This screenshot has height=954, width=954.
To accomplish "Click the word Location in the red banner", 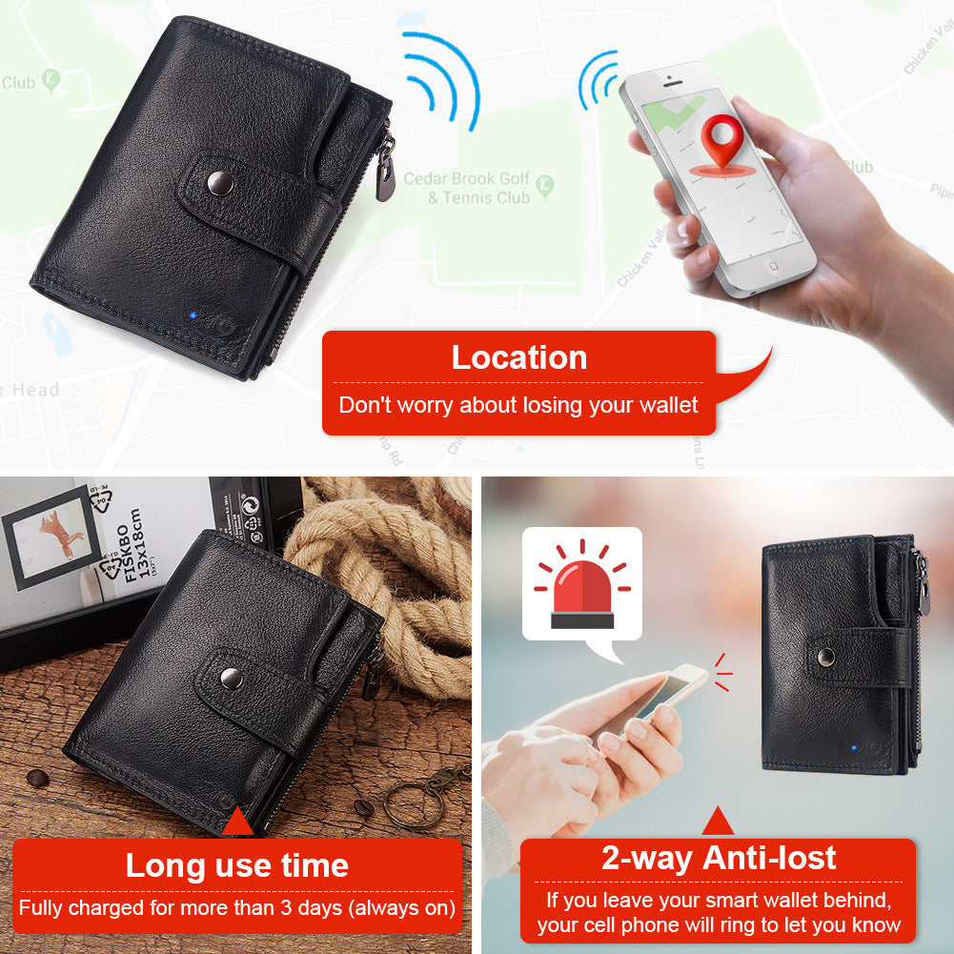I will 518,357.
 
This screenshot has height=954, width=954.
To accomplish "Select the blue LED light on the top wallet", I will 192,315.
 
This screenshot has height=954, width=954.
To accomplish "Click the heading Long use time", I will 236,865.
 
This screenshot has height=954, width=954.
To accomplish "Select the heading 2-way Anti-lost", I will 718,858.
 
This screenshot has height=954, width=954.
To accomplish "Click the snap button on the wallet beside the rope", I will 230,677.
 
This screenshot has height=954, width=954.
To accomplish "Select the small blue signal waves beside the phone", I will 598,81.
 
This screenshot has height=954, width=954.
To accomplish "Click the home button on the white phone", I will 774,267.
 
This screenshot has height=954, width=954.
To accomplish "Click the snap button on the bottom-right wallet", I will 825,656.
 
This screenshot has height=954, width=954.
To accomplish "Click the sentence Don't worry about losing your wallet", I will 518,405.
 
